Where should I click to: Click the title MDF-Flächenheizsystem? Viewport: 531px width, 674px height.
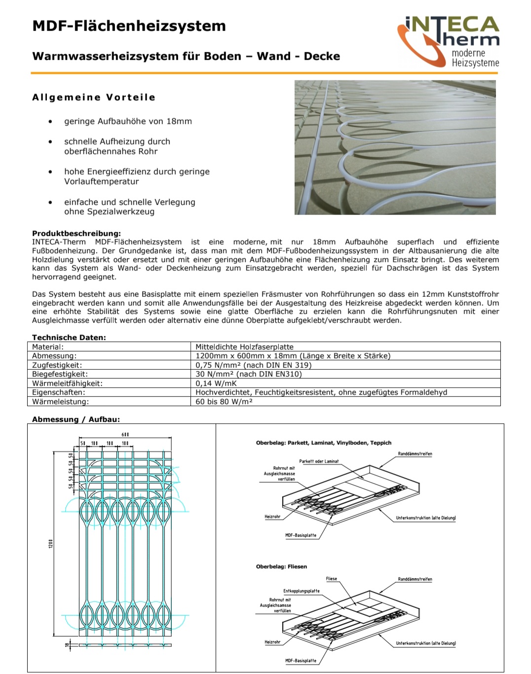point(129,26)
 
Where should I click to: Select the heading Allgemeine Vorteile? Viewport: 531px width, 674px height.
point(94,97)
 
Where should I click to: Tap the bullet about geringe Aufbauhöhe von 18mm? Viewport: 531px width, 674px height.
point(128,121)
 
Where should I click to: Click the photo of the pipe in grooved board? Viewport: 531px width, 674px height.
point(395,147)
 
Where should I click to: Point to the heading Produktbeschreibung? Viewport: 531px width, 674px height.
point(76,233)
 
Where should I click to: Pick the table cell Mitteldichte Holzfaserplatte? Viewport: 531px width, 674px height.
point(244,347)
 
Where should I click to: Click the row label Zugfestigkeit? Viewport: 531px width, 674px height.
point(57,365)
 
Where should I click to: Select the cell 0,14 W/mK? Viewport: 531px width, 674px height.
point(216,383)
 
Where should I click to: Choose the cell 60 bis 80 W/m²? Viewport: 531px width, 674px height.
point(224,401)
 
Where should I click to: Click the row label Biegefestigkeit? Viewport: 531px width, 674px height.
point(60,374)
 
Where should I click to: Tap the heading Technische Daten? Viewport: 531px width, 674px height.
point(69,337)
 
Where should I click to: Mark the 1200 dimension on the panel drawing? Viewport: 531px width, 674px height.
point(50,543)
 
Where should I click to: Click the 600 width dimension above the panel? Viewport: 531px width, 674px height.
point(125,434)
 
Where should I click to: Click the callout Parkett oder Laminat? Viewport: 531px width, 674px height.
point(319,461)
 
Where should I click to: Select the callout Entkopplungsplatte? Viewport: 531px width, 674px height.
point(301,591)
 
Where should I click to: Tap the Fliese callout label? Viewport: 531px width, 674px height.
point(332,579)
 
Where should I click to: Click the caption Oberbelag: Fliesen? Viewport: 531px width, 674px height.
point(281,567)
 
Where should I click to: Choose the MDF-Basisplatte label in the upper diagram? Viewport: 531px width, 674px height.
point(301,535)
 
